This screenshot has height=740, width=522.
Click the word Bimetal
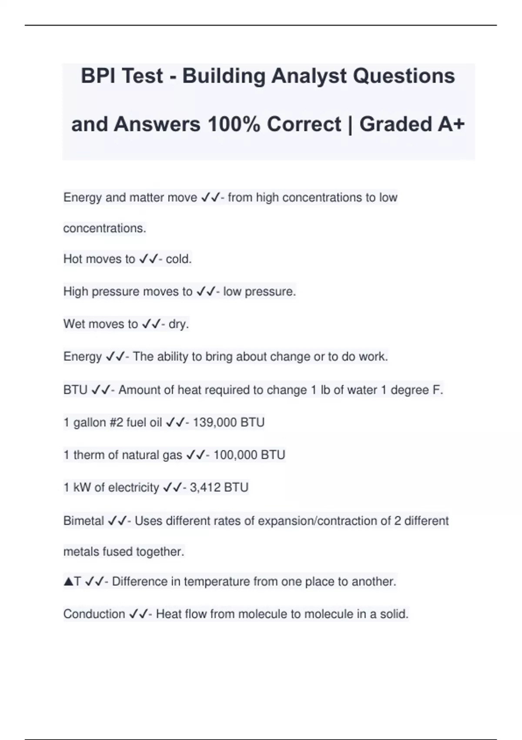pos(84,521)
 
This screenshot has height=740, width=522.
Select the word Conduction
pos(94,614)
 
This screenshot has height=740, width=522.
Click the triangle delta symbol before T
pos(68,582)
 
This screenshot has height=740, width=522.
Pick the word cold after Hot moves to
pos(178,259)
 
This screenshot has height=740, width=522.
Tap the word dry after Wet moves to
pos(178,324)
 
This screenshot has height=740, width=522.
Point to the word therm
pos(89,455)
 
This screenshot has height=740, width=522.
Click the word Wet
pos(73,324)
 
